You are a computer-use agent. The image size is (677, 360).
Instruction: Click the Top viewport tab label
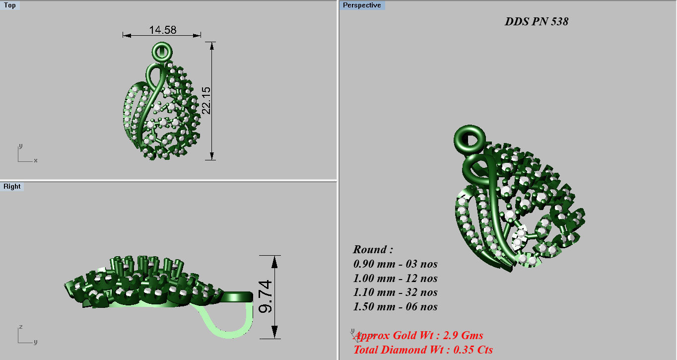pos(10,5)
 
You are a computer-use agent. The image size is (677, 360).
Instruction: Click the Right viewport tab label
pos(12,187)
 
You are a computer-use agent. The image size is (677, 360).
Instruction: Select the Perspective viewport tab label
pos(362,5)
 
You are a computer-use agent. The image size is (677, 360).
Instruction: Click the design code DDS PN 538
pos(536,21)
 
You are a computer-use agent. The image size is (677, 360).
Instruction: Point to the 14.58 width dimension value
pos(162,30)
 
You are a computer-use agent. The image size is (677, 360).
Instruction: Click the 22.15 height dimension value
pos(206,100)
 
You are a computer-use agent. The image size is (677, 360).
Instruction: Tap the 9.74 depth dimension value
pos(266,297)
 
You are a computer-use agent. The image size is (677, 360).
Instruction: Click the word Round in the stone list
pos(373,249)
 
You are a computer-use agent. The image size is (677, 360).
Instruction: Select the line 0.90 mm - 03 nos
pos(395,264)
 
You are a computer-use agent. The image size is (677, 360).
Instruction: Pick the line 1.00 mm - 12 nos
pos(395,278)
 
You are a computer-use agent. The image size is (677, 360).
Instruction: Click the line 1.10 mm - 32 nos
pos(395,292)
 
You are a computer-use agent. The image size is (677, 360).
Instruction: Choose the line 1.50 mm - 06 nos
pos(395,306)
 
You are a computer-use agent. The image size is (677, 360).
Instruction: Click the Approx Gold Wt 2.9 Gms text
pos(419,336)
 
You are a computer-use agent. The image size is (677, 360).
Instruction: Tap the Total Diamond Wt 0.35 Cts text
pos(423,350)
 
